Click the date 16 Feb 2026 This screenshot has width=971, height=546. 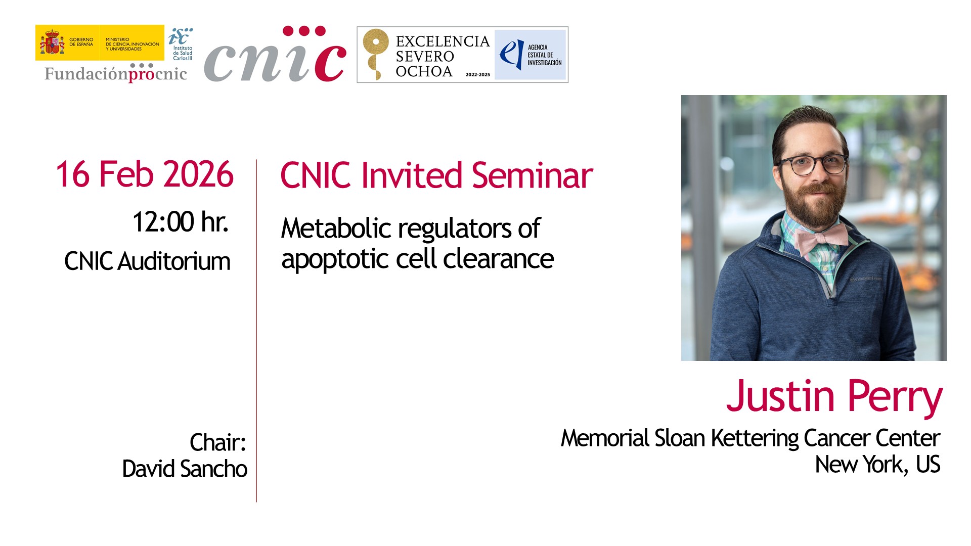145,174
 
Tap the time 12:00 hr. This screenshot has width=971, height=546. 181,221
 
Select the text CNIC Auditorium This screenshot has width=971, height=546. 147,261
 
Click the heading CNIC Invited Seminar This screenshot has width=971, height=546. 436,175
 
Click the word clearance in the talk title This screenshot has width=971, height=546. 499,259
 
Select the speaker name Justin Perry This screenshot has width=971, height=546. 834,397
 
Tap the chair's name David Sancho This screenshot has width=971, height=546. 185,469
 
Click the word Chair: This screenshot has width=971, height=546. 218,442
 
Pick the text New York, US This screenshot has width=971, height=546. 877,464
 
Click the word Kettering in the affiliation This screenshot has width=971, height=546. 755,438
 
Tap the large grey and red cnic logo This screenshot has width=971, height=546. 276,55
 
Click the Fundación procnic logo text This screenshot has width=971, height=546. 116,73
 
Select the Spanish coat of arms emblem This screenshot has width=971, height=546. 52,42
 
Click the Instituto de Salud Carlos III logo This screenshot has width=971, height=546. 181,44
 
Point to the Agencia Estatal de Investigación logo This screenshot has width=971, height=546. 530,55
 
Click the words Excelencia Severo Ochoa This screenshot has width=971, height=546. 443,56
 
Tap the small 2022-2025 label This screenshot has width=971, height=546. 478,74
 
